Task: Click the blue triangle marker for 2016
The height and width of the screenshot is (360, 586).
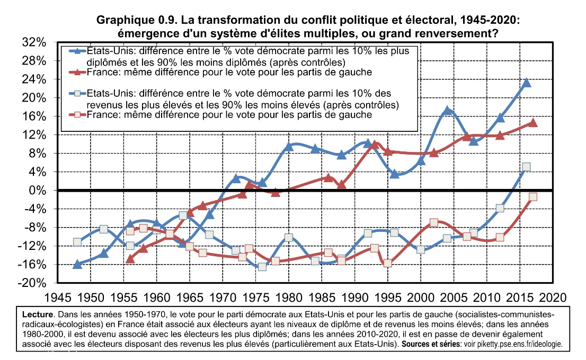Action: (527, 83)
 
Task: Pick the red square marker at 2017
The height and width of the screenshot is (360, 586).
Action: (533, 196)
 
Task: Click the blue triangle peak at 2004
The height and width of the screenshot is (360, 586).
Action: (448, 111)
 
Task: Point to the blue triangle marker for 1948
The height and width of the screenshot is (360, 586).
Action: (77, 264)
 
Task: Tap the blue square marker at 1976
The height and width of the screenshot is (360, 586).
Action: (262, 266)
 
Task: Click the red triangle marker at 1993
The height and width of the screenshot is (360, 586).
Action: (375, 145)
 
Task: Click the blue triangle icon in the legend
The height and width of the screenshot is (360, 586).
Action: (77, 51)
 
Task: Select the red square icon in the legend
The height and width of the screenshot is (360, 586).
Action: (77, 114)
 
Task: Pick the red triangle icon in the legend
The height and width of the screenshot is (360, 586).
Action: (77, 71)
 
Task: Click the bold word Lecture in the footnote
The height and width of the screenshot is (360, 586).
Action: (38, 314)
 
